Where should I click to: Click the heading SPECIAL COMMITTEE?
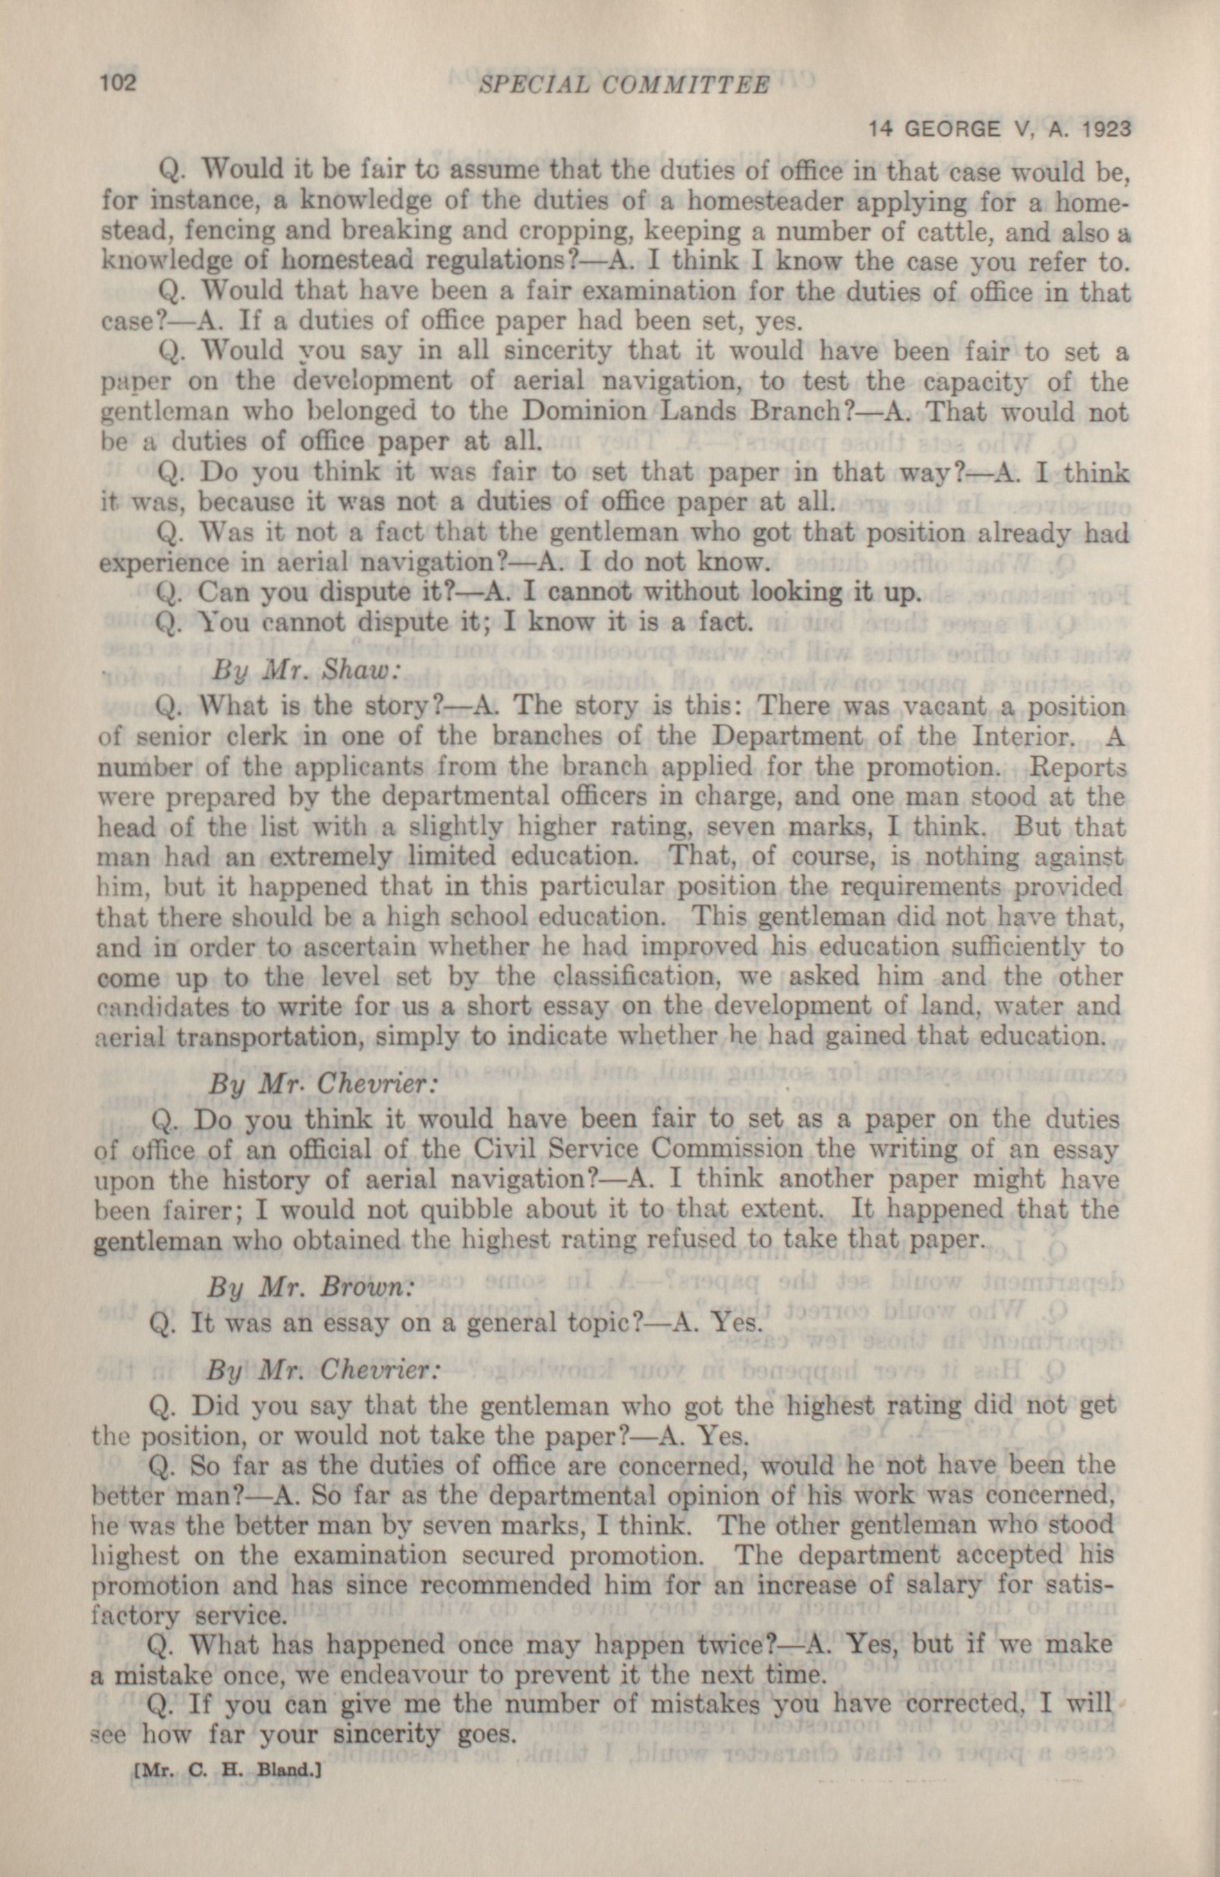click(x=623, y=85)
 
